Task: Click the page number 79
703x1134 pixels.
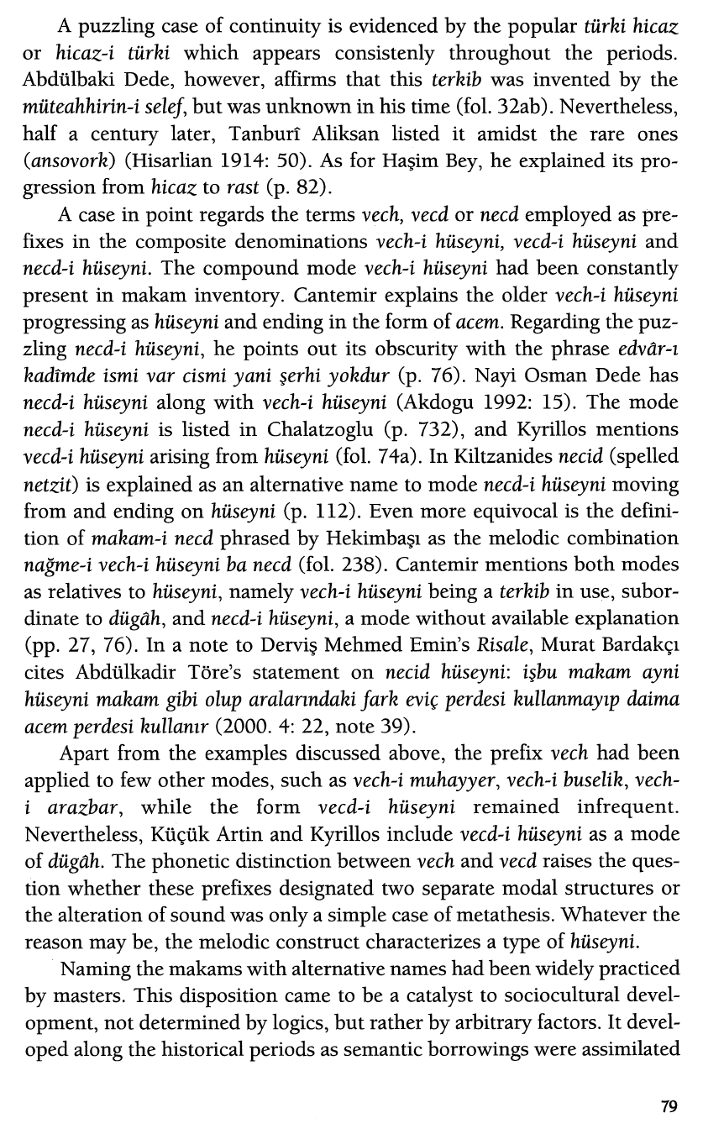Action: (668, 1106)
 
